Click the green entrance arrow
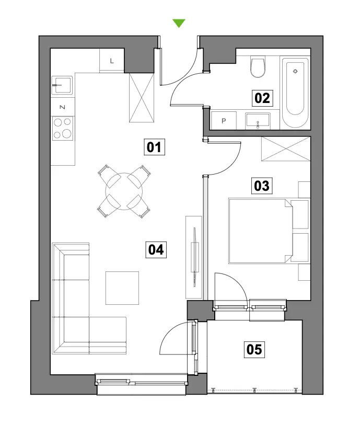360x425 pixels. pos(179,23)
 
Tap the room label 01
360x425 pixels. pos(154,147)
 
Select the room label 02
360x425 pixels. pos(262,98)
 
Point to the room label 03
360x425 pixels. pos(262,186)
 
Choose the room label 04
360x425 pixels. pos(156,250)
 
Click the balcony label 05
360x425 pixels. pos(254,349)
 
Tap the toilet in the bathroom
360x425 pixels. pos(258,67)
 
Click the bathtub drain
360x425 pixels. pos(295,71)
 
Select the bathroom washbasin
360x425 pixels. pos(258,121)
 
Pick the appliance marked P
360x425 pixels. pos(224,120)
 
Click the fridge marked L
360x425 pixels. pos(112,61)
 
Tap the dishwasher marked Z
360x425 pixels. pos(63,107)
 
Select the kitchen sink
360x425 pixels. pos(62,85)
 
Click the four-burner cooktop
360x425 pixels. pos(63,128)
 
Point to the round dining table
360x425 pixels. pos(124,191)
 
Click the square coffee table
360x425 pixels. pos(122,288)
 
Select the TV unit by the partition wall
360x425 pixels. pos(194,257)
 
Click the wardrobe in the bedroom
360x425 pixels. pos(286,149)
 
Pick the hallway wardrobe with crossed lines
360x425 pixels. pos(142,98)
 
